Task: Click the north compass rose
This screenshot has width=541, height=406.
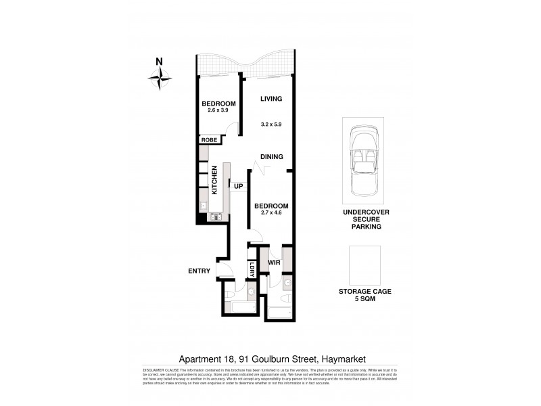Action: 160,79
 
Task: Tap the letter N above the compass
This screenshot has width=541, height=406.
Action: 159,62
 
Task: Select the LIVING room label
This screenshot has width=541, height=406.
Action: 270,99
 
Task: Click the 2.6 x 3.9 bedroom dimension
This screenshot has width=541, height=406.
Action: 218,110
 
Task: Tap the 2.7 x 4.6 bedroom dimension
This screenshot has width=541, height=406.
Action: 270,213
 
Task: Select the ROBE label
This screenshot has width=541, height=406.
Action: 208,140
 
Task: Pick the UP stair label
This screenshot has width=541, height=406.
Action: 238,186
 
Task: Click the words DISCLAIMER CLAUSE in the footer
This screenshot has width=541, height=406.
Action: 160,370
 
